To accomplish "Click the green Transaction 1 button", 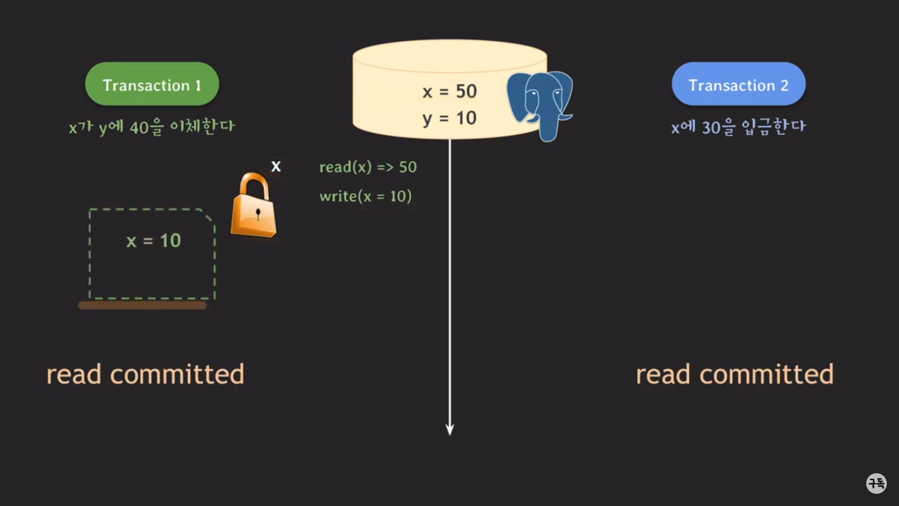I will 152,84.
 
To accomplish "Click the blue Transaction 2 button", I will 738,84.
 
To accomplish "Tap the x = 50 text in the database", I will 449,91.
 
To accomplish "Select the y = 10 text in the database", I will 449,118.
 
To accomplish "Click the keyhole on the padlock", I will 258,214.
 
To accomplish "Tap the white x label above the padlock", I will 276,166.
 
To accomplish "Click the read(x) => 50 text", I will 368,167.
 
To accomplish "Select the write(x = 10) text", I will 365,196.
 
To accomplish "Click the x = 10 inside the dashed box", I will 153,241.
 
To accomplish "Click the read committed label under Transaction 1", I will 145,374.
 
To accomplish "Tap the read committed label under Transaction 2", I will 734,374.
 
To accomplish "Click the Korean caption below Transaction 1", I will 152,127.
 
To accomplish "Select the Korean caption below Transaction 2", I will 738,127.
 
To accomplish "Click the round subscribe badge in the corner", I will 876,483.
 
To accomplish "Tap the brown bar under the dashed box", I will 142,305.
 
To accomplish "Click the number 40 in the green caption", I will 139,128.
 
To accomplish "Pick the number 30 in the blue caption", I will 711,128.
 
